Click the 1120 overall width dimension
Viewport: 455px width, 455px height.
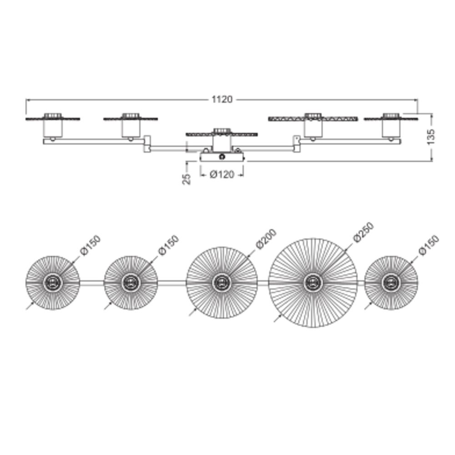pos(222,100)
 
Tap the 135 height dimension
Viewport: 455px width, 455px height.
pos(431,137)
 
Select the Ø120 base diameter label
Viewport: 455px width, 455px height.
pos(222,174)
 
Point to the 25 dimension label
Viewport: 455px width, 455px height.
pos(187,179)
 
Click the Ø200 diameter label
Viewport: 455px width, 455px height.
pos(266,239)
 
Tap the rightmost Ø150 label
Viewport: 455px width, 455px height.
pos(429,245)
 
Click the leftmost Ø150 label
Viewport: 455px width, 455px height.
pos(91,245)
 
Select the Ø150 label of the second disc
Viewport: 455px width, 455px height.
pos(169,245)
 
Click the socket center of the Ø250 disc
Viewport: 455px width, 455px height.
pos(313,283)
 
